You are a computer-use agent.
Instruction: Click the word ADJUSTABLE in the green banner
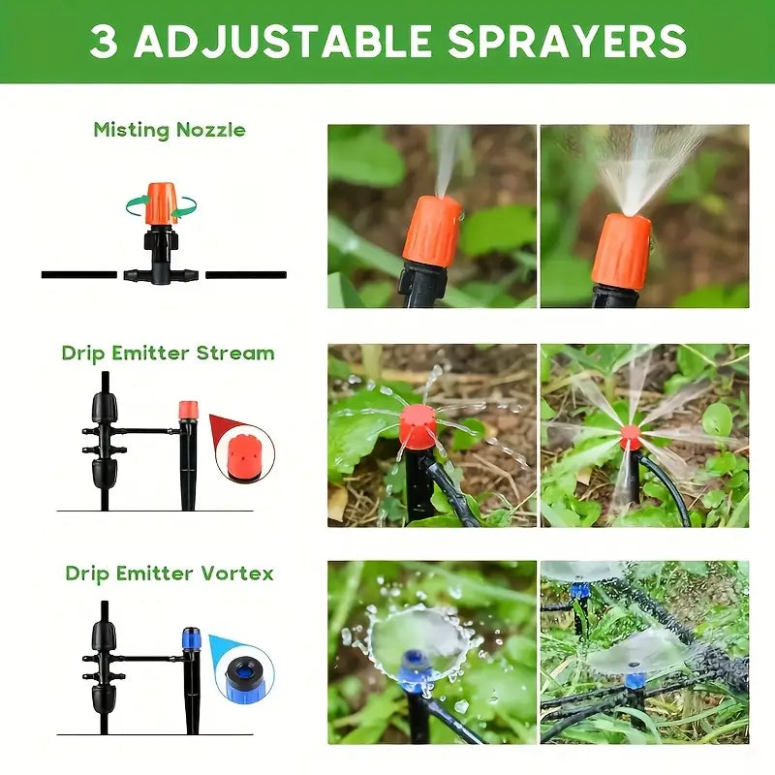click(x=283, y=41)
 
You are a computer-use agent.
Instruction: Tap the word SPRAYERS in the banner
click(x=567, y=41)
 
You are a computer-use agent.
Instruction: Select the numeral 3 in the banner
click(x=104, y=41)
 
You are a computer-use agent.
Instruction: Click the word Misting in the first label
click(x=131, y=131)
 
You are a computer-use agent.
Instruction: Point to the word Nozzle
click(x=211, y=130)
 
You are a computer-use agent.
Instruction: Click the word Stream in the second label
click(x=235, y=354)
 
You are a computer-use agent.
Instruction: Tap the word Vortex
click(x=237, y=573)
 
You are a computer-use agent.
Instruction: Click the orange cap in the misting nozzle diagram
click(x=161, y=203)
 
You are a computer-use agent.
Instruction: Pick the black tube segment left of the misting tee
click(x=79, y=275)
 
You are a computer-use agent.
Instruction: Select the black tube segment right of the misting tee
click(x=246, y=275)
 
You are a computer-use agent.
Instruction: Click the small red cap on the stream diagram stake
click(x=188, y=410)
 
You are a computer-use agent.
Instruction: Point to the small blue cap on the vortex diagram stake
click(x=191, y=637)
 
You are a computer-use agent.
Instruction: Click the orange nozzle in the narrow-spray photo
click(x=432, y=232)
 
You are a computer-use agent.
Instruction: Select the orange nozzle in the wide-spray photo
click(x=622, y=252)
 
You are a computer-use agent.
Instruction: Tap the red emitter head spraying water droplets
click(x=418, y=426)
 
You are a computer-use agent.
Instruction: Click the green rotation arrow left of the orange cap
click(x=138, y=204)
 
